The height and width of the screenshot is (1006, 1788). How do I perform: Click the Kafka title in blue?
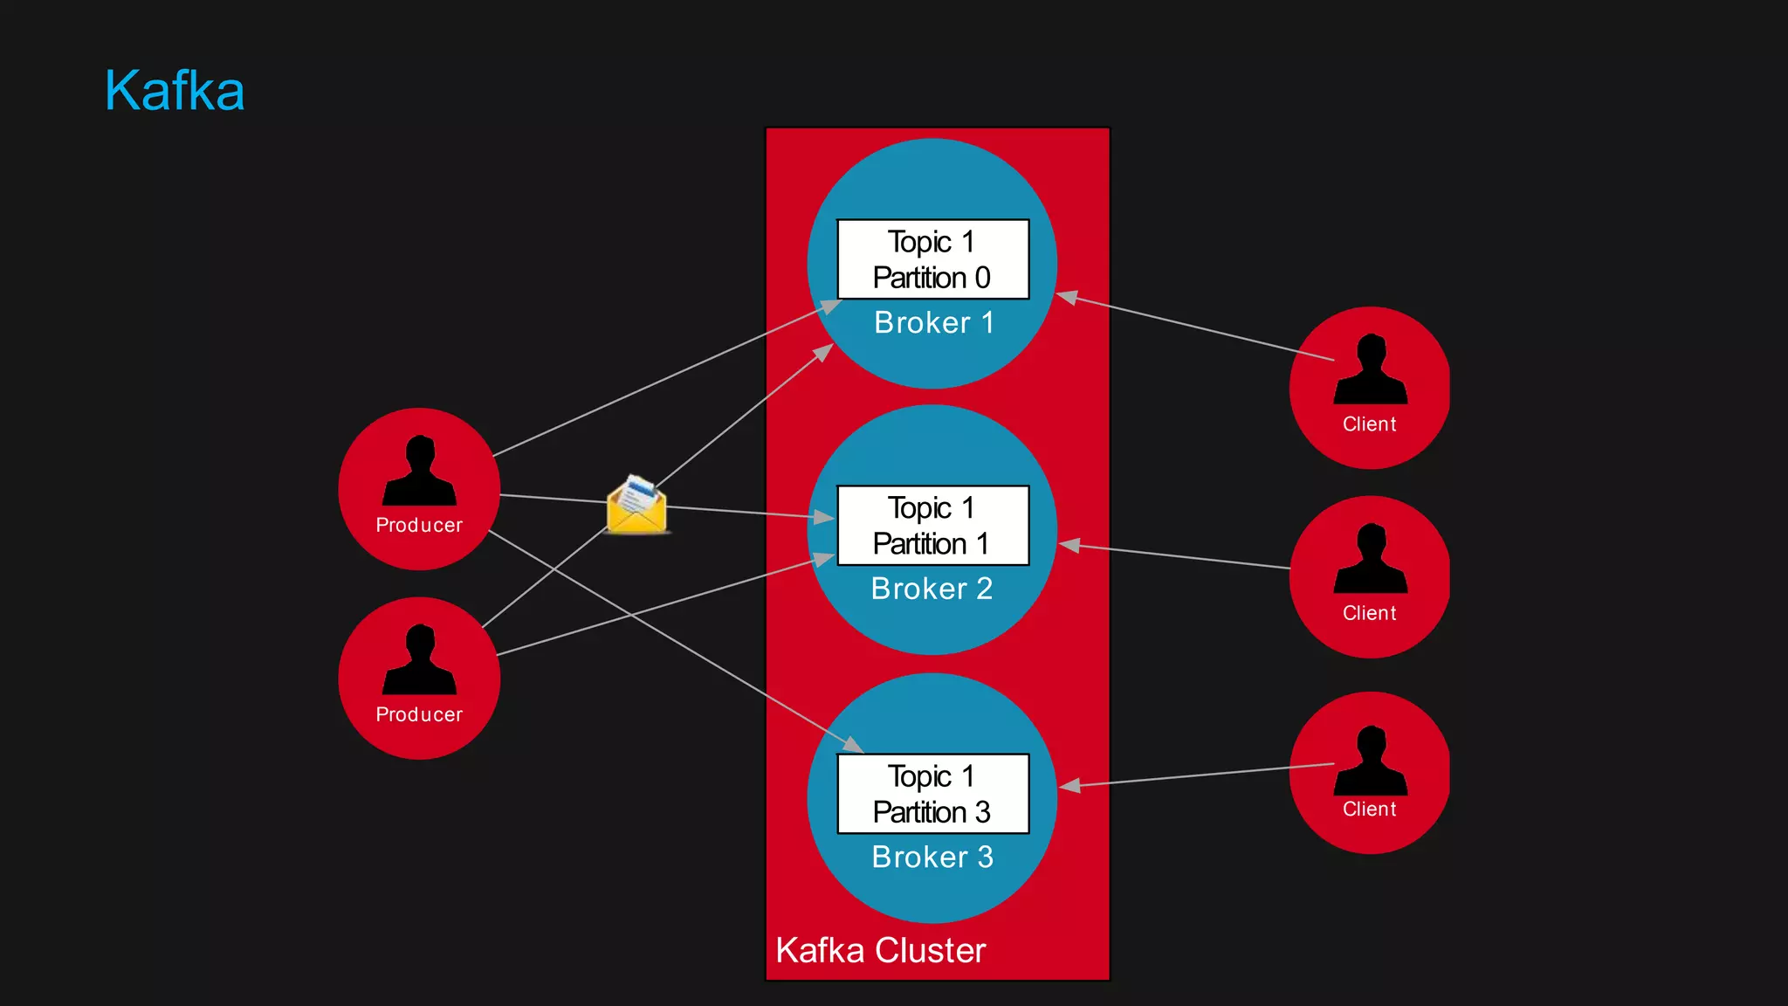175,91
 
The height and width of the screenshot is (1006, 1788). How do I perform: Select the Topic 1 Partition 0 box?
932,259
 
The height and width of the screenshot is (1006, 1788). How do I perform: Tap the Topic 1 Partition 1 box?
932,526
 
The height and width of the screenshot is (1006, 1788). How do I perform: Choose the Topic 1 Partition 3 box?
932,794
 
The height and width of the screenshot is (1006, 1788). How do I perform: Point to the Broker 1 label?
934,323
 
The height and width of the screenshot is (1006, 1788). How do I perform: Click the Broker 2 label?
932,589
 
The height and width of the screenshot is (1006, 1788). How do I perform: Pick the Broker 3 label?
932,858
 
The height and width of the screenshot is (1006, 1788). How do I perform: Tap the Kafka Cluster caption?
880,950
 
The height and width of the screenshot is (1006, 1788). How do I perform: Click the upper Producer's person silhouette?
420,472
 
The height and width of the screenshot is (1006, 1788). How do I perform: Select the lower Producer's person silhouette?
420,661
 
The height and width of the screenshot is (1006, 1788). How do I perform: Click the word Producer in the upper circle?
419,526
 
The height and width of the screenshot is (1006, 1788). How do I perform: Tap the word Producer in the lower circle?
419,715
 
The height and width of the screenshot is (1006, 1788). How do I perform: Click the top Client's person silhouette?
1371,370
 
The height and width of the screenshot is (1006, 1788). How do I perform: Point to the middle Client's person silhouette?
1371,560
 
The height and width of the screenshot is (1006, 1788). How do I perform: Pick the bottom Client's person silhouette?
1371,761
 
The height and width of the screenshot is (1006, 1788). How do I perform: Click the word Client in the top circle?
1369,424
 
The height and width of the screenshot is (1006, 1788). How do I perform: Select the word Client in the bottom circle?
1369,810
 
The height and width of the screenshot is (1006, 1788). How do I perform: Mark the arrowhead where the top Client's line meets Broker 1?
1067,297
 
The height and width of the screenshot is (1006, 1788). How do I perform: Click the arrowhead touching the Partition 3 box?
854,745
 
